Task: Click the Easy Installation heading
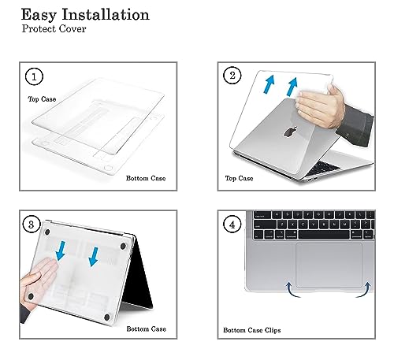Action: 85,15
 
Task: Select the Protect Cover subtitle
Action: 54,28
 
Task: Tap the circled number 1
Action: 34,76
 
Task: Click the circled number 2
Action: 232,76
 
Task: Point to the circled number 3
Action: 32,225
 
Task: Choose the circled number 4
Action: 232,225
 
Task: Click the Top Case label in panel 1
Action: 42,99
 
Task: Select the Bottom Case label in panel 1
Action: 146,178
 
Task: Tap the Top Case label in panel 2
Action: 239,179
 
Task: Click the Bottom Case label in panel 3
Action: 147,329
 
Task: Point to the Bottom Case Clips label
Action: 252,330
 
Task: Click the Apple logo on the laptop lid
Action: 291,132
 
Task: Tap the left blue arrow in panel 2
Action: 269,84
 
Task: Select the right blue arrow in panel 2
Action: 292,87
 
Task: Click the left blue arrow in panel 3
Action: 61,251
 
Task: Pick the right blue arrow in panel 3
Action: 94,257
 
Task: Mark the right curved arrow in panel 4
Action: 366,290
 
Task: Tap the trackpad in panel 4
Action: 329,265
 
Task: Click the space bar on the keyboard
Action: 324,235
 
